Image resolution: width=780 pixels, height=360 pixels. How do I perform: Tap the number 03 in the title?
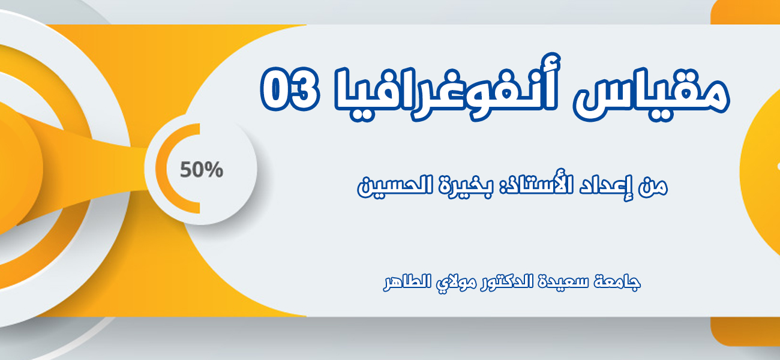(290, 88)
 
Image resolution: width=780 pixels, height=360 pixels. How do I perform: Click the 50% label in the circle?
(201, 170)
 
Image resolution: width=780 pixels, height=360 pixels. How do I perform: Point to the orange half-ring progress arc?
(161, 168)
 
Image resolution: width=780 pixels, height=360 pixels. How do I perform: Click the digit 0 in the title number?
(275, 89)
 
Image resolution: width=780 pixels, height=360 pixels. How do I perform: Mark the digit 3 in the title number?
(305, 88)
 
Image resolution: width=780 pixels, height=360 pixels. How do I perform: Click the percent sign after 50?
(214, 170)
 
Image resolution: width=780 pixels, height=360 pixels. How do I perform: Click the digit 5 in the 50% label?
(185, 170)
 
